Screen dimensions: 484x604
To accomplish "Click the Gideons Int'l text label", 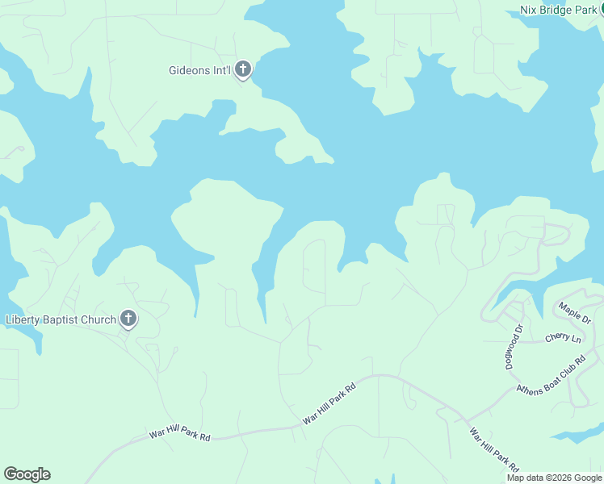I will coord(199,71).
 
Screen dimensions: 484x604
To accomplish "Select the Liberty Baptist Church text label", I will coord(61,319).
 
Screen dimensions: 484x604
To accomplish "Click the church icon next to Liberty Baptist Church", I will coord(128,319).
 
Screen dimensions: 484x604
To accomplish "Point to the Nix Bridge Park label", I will coord(557,10).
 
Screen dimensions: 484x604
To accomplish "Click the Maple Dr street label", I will coord(574,313).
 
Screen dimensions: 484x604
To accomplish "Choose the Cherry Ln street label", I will coord(563,338).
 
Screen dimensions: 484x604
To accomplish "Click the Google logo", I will coord(27,474).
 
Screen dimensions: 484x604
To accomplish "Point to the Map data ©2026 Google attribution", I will coord(555,478).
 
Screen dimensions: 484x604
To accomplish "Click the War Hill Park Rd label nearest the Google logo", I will coord(179,434).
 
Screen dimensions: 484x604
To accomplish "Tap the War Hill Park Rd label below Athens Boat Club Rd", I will coord(495,449).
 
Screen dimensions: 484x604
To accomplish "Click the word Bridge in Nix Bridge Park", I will coord(556,10).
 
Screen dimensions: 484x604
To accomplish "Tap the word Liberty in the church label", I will coord(22,319).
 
